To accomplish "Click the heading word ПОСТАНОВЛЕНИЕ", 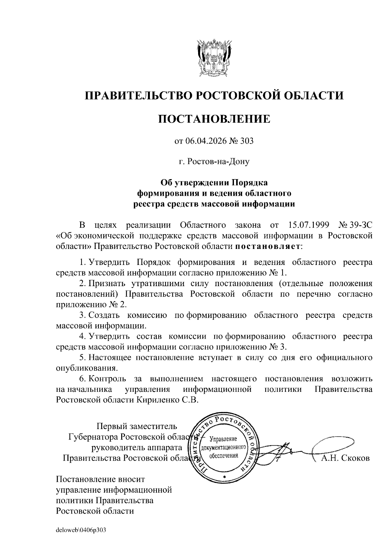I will tap(214, 119).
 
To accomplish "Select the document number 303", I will tap(247, 141).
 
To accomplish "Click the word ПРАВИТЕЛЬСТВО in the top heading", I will tap(137, 95).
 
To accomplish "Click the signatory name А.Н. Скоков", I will tap(345, 458).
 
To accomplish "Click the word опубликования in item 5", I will tap(86, 368).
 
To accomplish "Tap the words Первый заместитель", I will tap(137, 426).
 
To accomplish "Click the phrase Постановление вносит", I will tap(100, 479).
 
